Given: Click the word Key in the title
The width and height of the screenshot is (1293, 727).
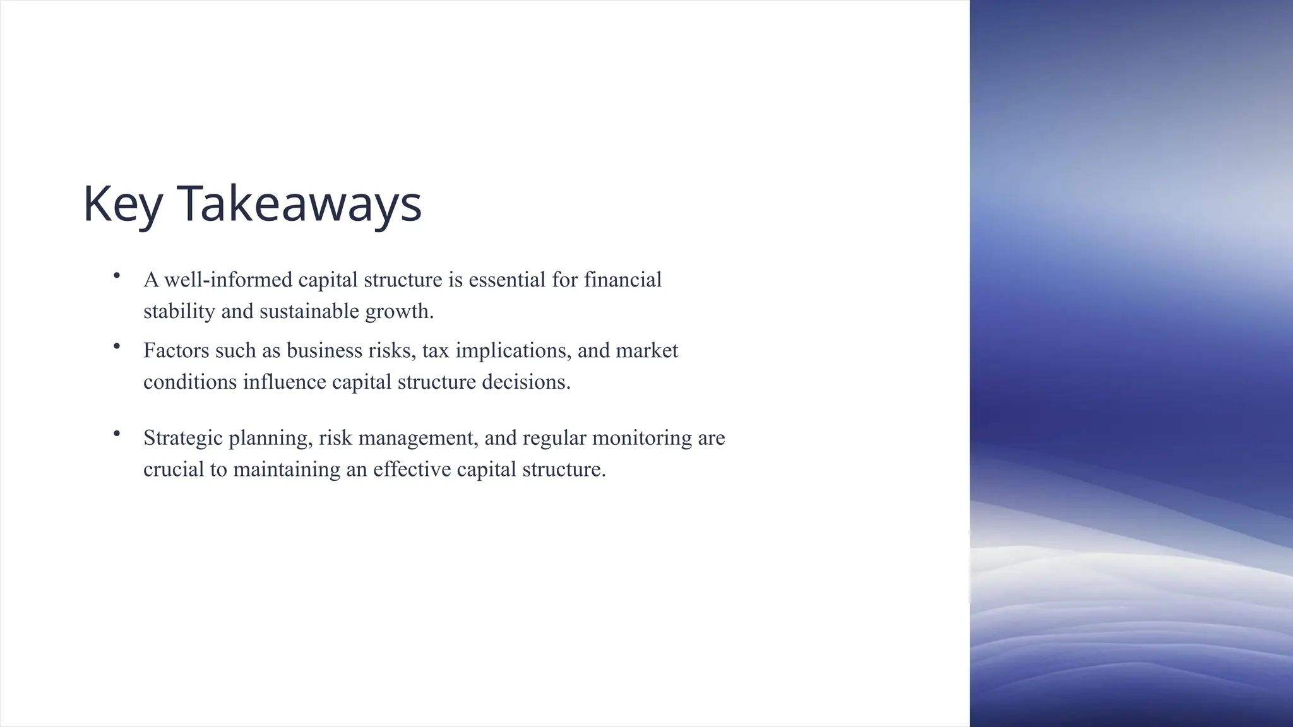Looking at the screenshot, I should click(x=122, y=204).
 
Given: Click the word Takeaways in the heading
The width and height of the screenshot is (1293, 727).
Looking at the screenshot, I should click(x=299, y=204).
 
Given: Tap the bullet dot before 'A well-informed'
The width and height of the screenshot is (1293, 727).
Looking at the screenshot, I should click(x=117, y=275).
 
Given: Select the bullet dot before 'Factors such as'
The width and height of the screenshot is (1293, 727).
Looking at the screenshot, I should click(x=117, y=346).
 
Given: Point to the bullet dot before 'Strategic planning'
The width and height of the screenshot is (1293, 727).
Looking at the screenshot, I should click(x=117, y=433).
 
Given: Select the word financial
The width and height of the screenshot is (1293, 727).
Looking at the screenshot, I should click(x=623, y=280).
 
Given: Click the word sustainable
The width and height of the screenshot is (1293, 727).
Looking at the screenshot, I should click(x=309, y=311).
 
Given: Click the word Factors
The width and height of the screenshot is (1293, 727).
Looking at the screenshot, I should click(x=176, y=350).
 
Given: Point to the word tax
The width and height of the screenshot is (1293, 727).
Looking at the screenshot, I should click(x=436, y=350).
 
